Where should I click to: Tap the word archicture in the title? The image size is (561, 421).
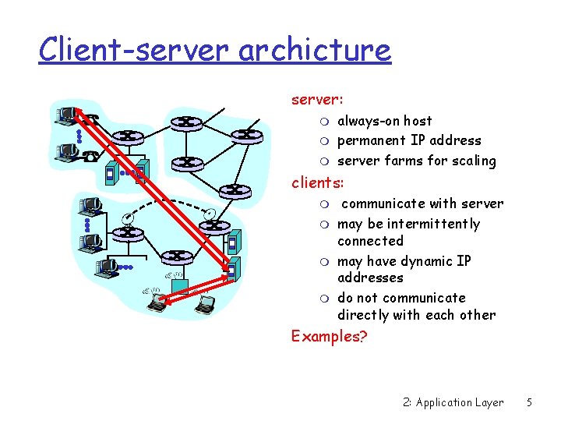(x=315, y=50)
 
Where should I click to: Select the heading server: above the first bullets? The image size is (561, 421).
(x=317, y=100)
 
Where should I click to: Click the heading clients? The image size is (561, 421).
(x=322, y=183)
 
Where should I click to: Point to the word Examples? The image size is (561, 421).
(x=328, y=336)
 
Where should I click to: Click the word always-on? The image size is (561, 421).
(x=369, y=121)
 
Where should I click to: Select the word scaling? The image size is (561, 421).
(x=472, y=161)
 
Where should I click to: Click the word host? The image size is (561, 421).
(x=418, y=121)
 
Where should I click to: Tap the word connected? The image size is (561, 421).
(x=370, y=242)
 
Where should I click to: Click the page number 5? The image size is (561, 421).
(x=529, y=403)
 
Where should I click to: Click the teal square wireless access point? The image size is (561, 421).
(x=180, y=287)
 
